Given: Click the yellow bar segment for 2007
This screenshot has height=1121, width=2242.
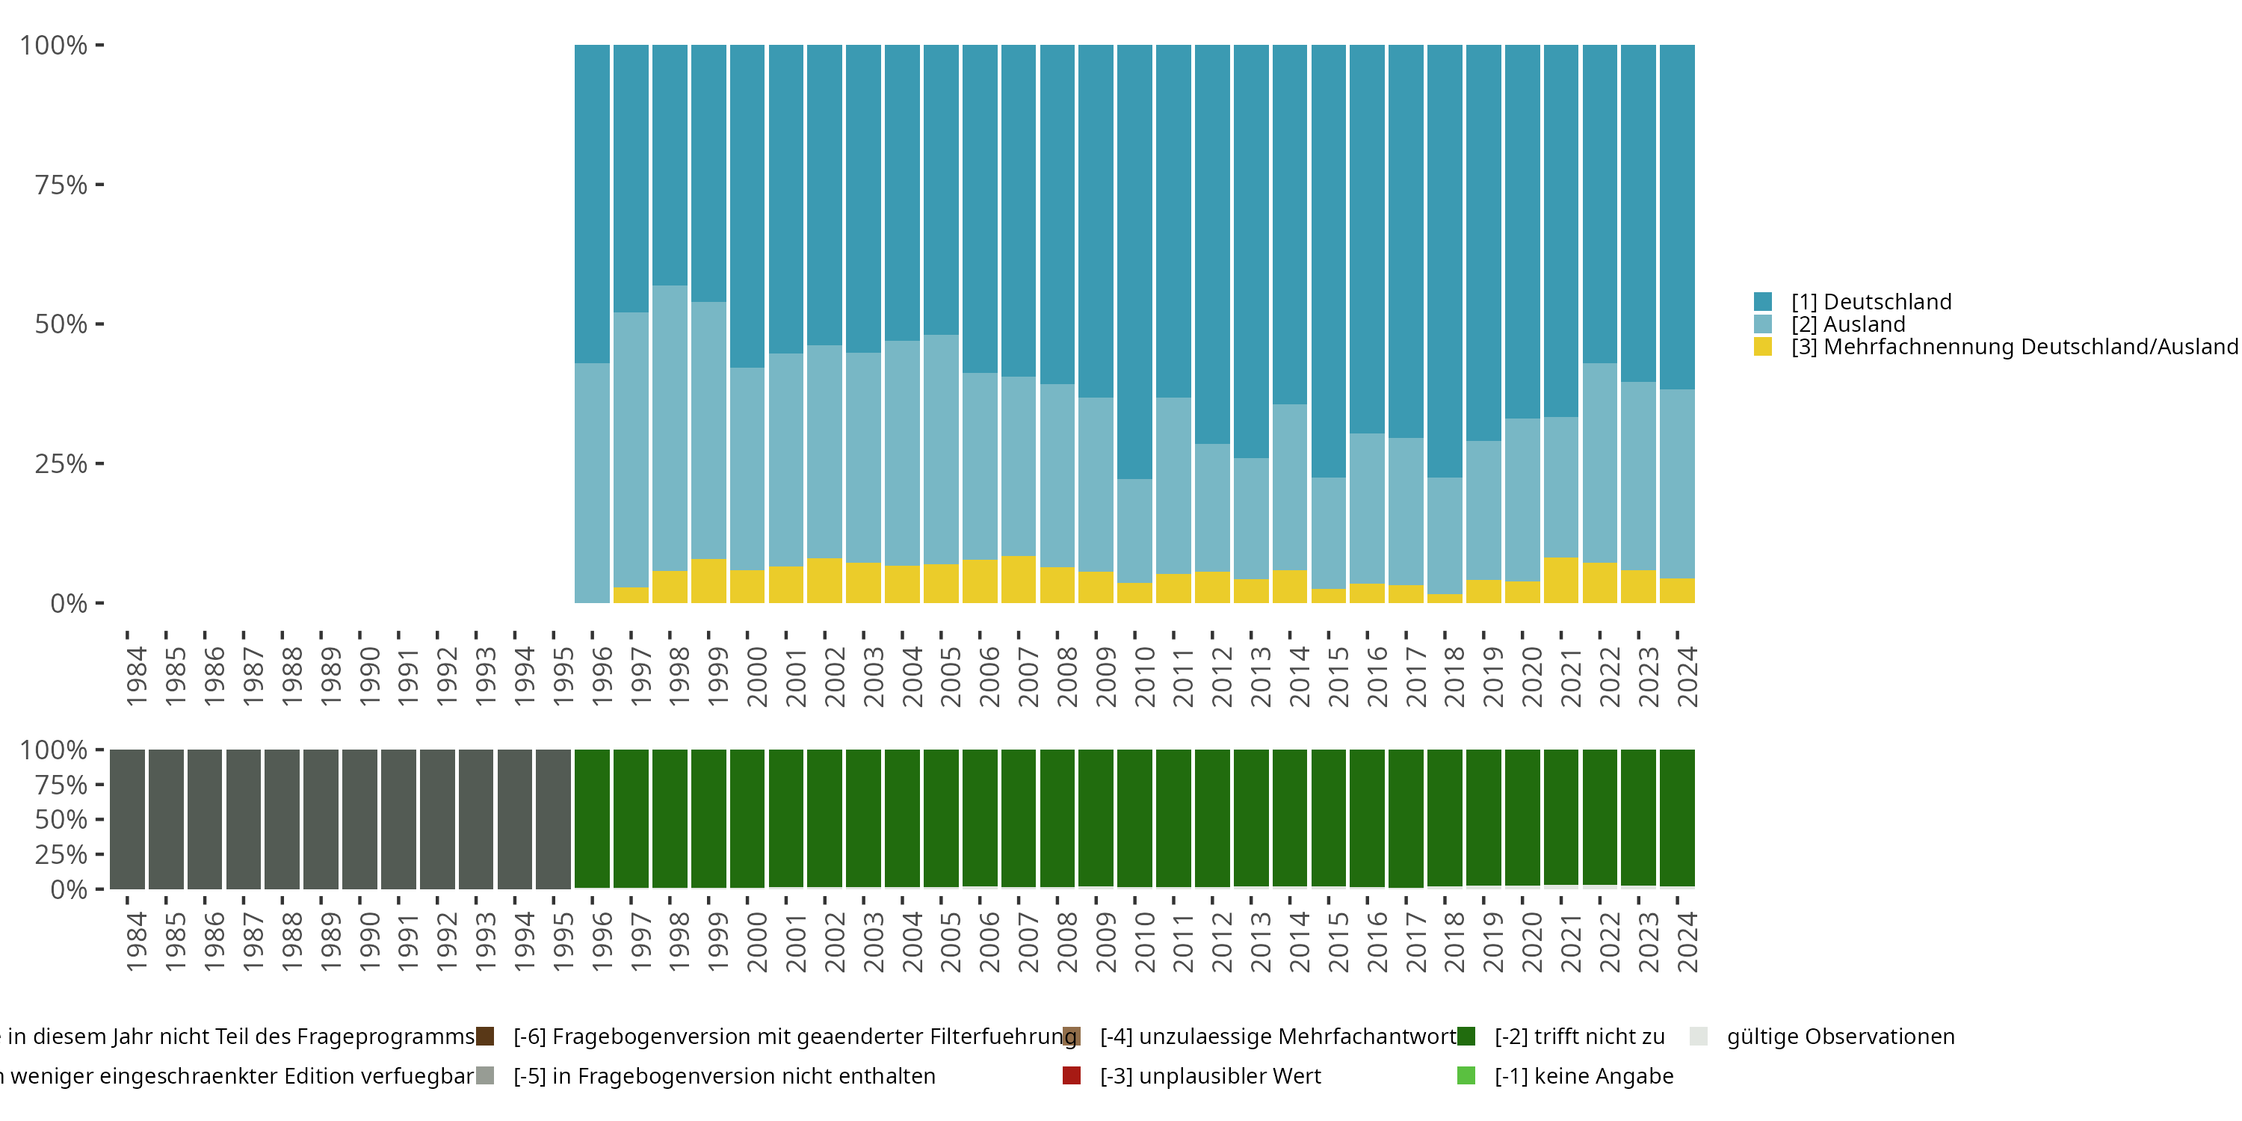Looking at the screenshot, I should (x=1019, y=580).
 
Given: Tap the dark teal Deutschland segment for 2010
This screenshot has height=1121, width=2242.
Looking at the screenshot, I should (x=1134, y=261).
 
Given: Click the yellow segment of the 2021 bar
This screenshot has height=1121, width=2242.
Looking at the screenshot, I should (x=1560, y=581).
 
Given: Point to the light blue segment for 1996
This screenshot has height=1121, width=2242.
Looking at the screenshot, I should (x=592, y=483).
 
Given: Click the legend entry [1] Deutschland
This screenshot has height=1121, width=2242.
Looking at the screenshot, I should (x=1871, y=302).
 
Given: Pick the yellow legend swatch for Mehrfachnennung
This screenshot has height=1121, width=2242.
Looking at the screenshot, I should (x=1763, y=348).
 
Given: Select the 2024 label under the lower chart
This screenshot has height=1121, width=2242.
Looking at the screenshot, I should (x=1687, y=942).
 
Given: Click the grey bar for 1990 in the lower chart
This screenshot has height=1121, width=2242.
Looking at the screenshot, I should (x=359, y=819).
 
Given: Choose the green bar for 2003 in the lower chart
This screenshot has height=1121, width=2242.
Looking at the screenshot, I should (x=863, y=819).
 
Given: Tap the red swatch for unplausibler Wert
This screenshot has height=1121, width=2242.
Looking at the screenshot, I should (x=1072, y=1075).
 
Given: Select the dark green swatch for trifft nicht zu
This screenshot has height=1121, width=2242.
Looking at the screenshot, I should (x=1466, y=1037).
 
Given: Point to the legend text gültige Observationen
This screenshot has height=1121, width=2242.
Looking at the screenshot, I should (x=1840, y=1037).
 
